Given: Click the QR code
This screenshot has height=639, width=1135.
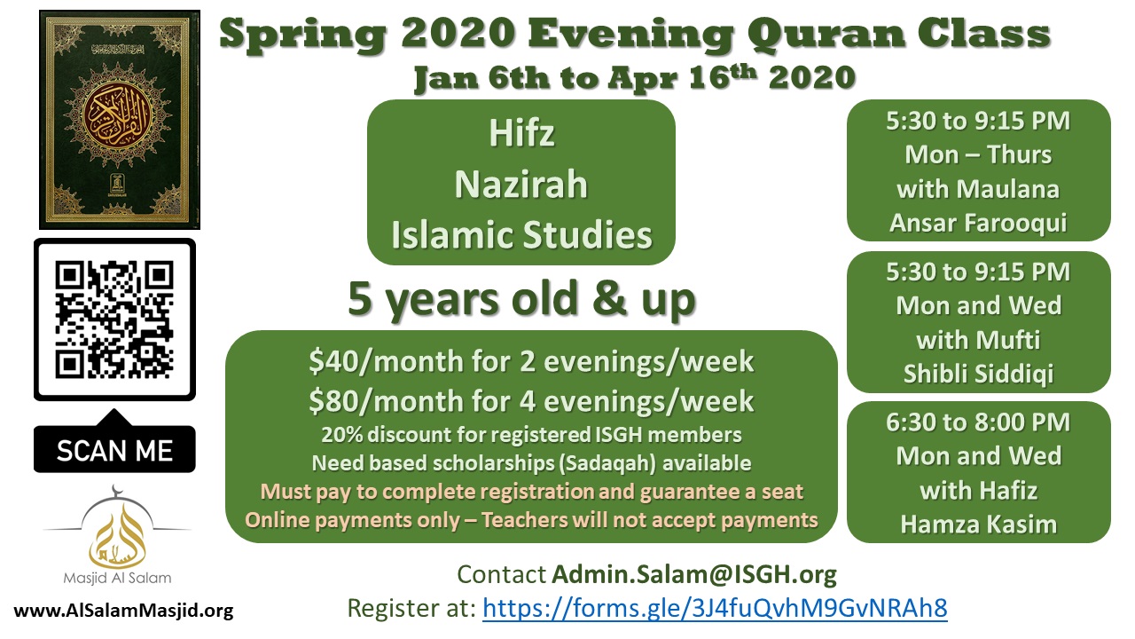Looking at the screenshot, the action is click(114, 319).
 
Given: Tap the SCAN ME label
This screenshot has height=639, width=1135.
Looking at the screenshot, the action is click(114, 450).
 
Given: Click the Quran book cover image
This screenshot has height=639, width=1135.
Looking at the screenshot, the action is click(120, 120).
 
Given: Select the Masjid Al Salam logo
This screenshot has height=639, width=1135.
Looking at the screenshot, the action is click(117, 535).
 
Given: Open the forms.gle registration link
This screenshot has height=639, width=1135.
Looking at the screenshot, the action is click(715, 608).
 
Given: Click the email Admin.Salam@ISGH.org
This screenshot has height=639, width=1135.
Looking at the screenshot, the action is click(694, 574).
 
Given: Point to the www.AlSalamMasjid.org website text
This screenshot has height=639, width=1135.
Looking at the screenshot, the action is click(123, 610).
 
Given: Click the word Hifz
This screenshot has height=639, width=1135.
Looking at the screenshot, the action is click(521, 133).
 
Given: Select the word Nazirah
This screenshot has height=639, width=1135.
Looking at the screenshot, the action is click(521, 184).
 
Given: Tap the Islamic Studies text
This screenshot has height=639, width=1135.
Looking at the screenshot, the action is click(521, 235).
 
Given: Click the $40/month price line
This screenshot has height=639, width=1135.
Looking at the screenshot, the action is click(531, 361).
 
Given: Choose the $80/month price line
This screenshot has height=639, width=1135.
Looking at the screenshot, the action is click(531, 401).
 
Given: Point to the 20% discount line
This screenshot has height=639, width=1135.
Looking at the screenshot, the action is click(531, 435).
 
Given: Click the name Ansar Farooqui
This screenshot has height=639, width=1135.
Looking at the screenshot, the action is click(978, 223).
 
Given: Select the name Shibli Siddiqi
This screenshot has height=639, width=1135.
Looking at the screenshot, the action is click(978, 374).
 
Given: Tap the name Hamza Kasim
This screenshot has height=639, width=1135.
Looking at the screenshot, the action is click(978, 524).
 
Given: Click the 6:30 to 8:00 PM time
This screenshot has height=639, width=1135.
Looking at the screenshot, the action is click(978, 422).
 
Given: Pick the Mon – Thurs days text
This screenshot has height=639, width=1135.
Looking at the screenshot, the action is click(978, 154).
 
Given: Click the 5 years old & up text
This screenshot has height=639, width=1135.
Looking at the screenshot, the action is click(521, 299).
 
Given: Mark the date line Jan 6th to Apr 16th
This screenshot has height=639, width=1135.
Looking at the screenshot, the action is click(635, 77).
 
